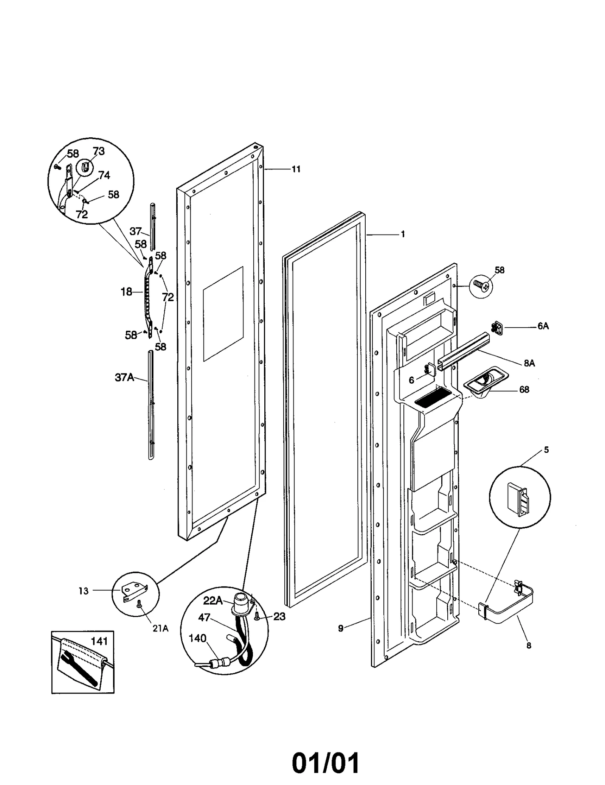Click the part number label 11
coord(296,169)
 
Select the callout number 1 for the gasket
coord(403,234)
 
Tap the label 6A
coord(543,326)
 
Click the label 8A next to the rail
coord(529,363)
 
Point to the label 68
coord(524,389)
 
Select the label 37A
coord(124,377)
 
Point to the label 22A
coord(213,600)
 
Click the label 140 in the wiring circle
coord(197,638)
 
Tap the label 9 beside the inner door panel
coord(340,628)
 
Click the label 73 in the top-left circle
coord(98,151)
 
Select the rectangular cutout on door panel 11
coord(223,314)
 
